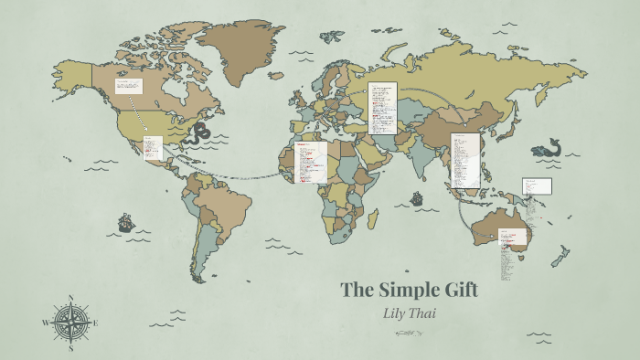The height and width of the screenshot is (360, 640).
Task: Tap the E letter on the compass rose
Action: tap(95, 323)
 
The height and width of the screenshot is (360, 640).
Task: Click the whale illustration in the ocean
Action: tap(548, 147)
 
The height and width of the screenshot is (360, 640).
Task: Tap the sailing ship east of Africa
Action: tap(417, 197)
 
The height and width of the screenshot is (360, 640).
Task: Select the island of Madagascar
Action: tap(373, 218)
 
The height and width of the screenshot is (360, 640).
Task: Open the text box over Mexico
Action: tap(153, 147)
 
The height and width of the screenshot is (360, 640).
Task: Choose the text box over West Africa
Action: tap(311, 162)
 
